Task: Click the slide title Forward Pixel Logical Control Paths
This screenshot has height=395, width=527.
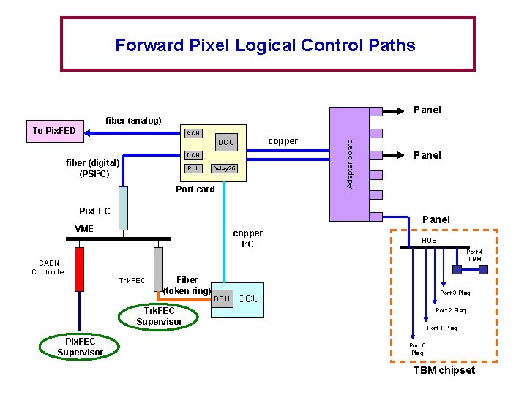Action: (x=265, y=45)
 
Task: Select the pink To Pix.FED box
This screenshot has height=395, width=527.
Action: (x=54, y=131)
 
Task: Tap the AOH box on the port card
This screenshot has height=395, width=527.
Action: (x=193, y=133)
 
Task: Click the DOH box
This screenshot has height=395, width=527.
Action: (x=193, y=155)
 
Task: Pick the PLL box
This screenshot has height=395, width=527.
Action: (x=193, y=168)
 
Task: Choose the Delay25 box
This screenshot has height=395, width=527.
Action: (x=223, y=168)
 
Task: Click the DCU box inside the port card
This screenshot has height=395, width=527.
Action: (x=227, y=142)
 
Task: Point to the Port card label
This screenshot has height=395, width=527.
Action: (x=195, y=189)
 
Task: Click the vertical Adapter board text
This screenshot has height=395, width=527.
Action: (x=349, y=163)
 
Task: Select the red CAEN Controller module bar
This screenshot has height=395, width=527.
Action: (x=79, y=269)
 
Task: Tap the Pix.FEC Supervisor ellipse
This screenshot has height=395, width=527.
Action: (x=80, y=347)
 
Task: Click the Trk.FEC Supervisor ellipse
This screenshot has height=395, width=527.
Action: (x=159, y=316)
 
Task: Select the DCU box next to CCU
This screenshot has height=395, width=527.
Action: (x=222, y=298)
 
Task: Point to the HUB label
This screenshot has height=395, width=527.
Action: (x=428, y=241)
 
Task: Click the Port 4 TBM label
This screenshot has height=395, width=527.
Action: (x=474, y=255)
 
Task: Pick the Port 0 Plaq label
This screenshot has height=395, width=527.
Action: (x=416, y=348)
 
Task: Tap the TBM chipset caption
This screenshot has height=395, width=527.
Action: (x=444, y=370)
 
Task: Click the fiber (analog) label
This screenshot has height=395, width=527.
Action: (x=133, y=120)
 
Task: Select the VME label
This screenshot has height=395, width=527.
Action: (x=84, y=228)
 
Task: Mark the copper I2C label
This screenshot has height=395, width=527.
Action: (x=247, y=238)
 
